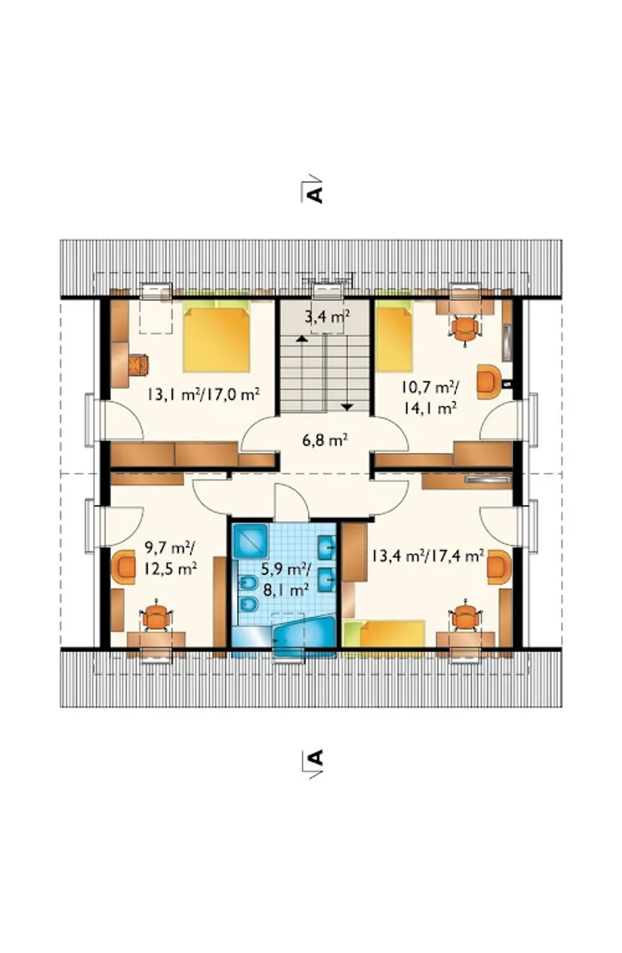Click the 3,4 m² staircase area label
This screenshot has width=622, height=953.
pos(328,318)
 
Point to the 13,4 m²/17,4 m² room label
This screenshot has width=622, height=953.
pos(428,555)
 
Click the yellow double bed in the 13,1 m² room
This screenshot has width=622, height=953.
pos(217,336)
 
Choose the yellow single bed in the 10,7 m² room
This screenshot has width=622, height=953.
pos(394,336)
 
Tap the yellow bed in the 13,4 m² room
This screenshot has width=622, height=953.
pos(384,633)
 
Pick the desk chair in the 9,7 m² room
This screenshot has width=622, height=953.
pos(156,617)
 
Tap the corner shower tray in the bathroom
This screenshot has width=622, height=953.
pos(250,540)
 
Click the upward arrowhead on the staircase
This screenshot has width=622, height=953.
pos(302,338)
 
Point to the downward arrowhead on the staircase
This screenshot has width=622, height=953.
pos(346,407)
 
